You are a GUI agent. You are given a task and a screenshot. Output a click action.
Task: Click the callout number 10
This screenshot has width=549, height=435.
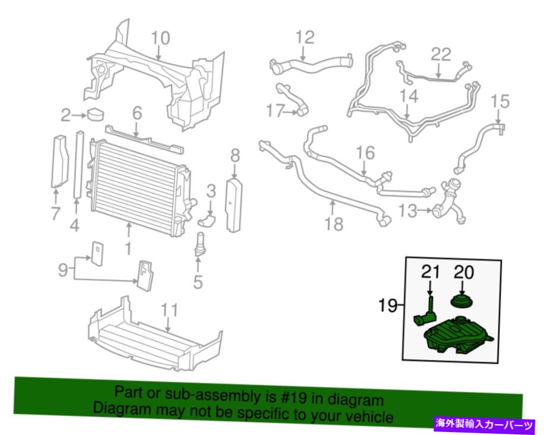[161, 38]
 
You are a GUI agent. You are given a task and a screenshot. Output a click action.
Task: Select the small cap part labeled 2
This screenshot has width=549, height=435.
[95, 114]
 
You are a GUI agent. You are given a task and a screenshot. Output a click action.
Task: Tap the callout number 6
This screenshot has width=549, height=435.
[137, 114]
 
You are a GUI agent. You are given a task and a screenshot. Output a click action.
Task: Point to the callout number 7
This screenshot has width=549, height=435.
[56, 213]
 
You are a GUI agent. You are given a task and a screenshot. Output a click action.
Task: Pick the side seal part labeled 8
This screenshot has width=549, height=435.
[234, 205]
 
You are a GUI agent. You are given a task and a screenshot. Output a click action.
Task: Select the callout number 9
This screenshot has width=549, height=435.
[63, 270]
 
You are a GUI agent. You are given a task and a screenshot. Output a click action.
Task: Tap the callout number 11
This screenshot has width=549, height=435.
[170, 310]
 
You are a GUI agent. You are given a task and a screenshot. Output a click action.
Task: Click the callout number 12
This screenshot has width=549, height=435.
[305, 37]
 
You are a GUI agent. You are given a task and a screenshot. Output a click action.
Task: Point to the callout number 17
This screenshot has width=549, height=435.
[275, 111]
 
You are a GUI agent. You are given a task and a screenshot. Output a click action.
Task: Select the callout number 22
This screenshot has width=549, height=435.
[441, 55]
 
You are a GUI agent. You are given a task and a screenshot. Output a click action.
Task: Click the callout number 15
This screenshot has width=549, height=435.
[500, 102]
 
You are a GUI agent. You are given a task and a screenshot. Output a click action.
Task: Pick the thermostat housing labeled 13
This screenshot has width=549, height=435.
[450, 201]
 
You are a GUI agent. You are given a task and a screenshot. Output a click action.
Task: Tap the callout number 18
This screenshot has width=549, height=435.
[334, 224]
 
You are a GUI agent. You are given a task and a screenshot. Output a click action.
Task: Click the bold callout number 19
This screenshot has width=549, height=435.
[388, 305]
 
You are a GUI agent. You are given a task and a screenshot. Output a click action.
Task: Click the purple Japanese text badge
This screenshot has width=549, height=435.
[485, 424]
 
